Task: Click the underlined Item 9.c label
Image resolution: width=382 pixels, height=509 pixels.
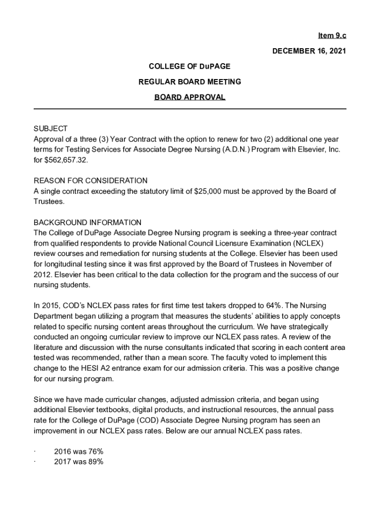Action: click(332, 36)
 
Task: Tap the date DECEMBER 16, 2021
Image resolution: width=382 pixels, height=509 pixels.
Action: click(309, 51)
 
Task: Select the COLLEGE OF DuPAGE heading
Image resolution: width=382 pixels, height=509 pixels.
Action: click(190, 66)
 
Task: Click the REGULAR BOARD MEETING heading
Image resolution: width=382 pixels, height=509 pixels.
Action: click(190, 82)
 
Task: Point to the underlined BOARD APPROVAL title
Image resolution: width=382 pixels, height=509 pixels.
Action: click(190, 97)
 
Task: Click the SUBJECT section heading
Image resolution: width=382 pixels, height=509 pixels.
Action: click(50, 129)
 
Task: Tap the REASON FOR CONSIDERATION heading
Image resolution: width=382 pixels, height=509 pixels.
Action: click(90, 180)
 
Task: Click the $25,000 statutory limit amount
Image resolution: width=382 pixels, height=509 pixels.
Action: click(212, 191)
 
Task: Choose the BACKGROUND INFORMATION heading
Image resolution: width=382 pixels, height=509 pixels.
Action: click(87, 222)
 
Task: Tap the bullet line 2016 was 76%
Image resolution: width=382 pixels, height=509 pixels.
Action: click(78, 452)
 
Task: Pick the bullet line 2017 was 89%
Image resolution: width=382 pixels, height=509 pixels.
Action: click(78, 462)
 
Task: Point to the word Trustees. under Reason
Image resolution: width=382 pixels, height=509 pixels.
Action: click(49, 201)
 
